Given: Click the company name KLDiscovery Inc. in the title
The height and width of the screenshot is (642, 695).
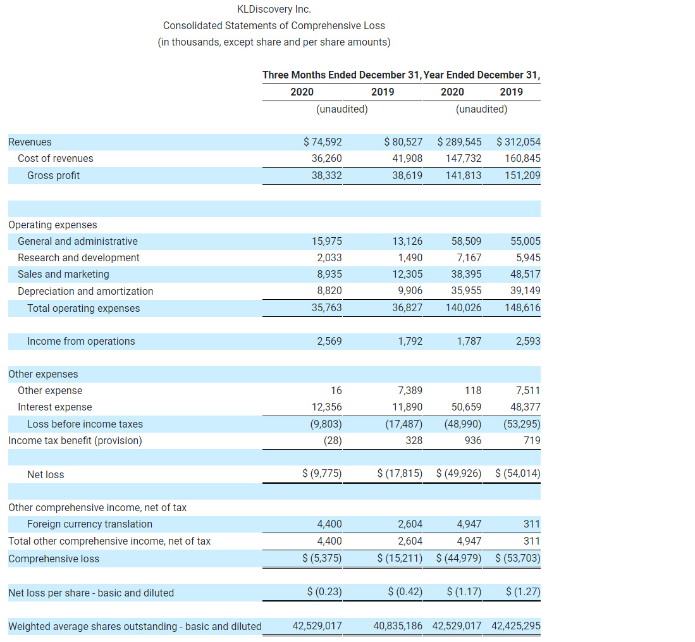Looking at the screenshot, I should tap(274, 9).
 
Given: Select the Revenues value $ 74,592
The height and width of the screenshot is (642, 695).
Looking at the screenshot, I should tap(323, 142).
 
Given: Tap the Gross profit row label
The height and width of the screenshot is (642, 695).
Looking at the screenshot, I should tap(53, 176).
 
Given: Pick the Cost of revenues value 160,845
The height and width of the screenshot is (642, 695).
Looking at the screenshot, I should tap(522, 159).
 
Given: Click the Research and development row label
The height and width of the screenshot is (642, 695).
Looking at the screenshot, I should tap(78, 258).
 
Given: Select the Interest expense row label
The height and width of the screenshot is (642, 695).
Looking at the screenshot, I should tap(54, 407).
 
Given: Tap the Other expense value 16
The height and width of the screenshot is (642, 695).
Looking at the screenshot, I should tap(336, 391).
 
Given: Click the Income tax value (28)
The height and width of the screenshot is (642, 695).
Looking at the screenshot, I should tap(333, 440).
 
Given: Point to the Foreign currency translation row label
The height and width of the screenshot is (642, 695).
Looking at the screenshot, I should tap(89, 524).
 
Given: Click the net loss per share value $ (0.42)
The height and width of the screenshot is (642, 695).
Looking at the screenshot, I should tap(405, 593).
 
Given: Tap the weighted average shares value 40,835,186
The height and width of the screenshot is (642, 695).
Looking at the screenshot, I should tap(398, 626).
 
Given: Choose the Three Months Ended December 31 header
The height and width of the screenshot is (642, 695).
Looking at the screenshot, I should tap(341, 75).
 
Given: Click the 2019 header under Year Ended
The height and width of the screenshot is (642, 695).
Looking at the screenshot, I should tap(511, 92).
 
